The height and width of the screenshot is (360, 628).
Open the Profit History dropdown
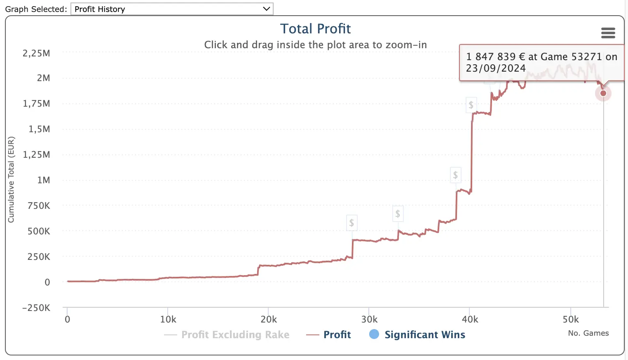click(x=172, y=9)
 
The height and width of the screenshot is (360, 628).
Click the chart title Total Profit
click(x=315, y=29)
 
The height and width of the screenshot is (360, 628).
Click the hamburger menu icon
click(x=608, y=33)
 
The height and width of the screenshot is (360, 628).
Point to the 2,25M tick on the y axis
click(x=36, y=53)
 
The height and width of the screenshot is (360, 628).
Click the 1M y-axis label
click(x=43, y=180)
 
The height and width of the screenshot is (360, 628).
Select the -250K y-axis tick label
click(x=36, y=308)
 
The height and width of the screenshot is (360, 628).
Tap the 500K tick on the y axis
click(x=39, y=231)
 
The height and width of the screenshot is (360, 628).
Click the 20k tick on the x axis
click(x=269, y=319)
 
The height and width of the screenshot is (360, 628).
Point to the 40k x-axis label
click(x=470, y=319)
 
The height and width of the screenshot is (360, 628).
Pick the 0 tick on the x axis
click(x=68, y=319)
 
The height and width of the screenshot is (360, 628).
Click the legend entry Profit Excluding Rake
click(x=235, y=334)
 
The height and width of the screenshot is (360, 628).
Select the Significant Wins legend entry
click(x=424, y=334)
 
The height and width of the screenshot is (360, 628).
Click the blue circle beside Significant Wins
click(x=374, y=334)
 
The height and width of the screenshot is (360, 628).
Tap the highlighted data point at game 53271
click(x=603, y=93)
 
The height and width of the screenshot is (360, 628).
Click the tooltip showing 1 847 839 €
click(x=541, y=63)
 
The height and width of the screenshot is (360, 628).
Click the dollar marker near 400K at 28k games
click(x=351, y=223)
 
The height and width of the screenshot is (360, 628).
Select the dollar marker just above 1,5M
click(x=471, y=105)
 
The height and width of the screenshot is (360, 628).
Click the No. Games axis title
click(x=588, y=333)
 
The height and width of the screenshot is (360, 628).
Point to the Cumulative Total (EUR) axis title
click(x=11, y=180)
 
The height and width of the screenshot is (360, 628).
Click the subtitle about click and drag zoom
click(x=315, y=45)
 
